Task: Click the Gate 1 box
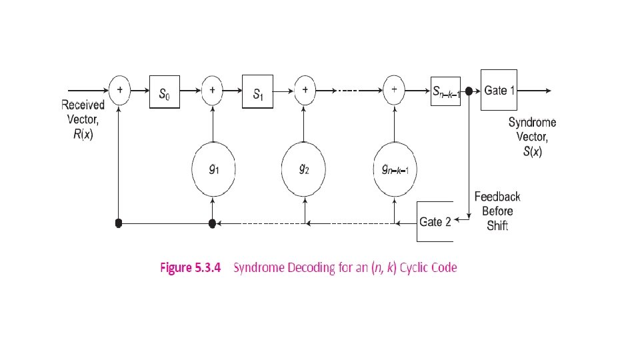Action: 499,90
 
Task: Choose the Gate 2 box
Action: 435,222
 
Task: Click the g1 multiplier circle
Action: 212,170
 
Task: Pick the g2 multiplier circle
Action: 304,170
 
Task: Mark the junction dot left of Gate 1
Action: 469,91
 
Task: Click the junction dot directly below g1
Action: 212,223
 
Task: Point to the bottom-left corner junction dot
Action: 119,223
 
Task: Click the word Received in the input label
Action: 83,105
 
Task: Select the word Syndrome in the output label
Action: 532,122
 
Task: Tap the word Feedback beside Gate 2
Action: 497,196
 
